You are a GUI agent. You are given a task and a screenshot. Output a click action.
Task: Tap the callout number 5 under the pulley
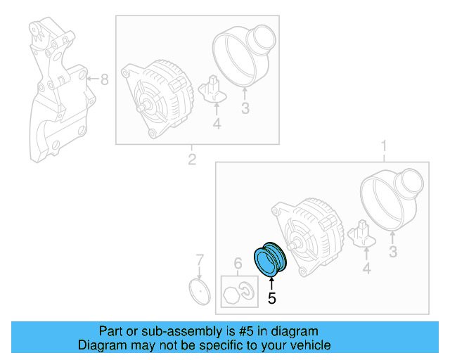(272, 298)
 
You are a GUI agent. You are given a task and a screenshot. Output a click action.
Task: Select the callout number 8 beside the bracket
(104, 79)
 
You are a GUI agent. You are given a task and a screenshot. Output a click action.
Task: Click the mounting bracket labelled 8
(56, 91)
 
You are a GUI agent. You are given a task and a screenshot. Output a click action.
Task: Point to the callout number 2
(191, 160)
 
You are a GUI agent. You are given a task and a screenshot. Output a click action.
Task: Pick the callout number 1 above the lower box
(384, 146)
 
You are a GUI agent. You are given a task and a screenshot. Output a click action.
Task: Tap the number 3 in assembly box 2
(245, 108)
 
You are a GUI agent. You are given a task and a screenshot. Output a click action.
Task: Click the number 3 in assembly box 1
(393, 252)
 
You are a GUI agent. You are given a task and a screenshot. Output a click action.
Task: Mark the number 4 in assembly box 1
(366, 268)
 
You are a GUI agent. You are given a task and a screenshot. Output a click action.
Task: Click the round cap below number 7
(200, 292)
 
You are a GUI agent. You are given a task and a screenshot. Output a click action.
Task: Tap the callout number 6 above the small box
(238, 264)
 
